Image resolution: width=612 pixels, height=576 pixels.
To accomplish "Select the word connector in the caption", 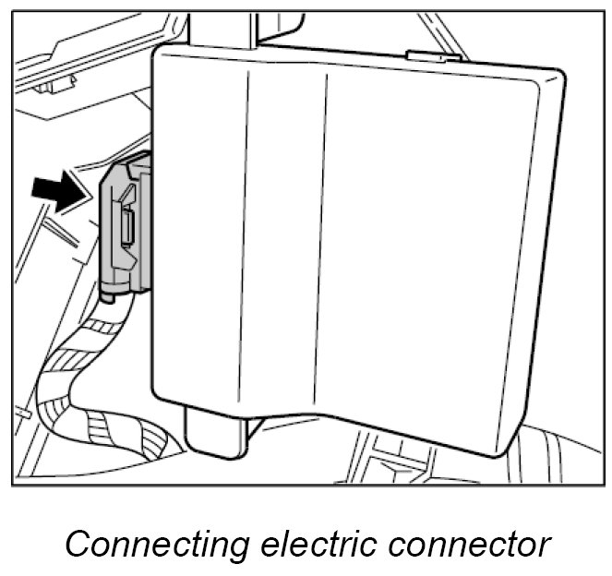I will pyautogui.click(x=471, y=544).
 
